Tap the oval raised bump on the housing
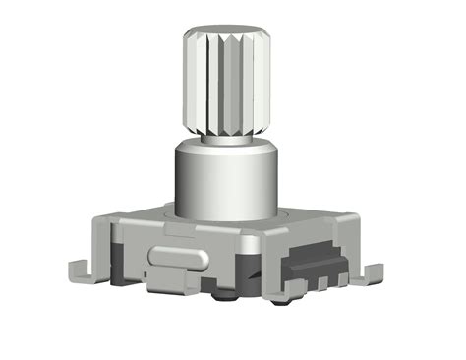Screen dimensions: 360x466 pos(177,258)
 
